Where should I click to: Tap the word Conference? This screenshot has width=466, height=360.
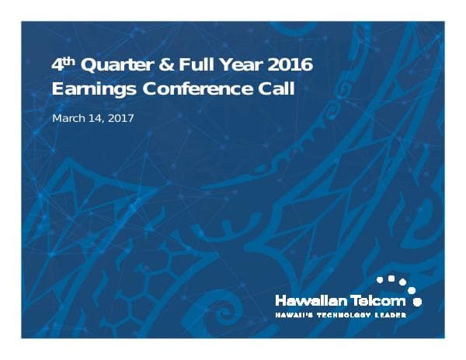pyautogui.click(x=194, y=88)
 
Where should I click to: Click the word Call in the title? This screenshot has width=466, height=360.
pyautogui.click(x=276, y=88)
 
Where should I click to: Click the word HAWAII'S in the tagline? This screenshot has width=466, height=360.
pyautogui.click(x=293, y=315)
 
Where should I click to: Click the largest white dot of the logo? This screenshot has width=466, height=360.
pyautogui.click(x=417, y=299)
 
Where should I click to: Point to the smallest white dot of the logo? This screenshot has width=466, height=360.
pyautogui.click(x=379, y=277)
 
